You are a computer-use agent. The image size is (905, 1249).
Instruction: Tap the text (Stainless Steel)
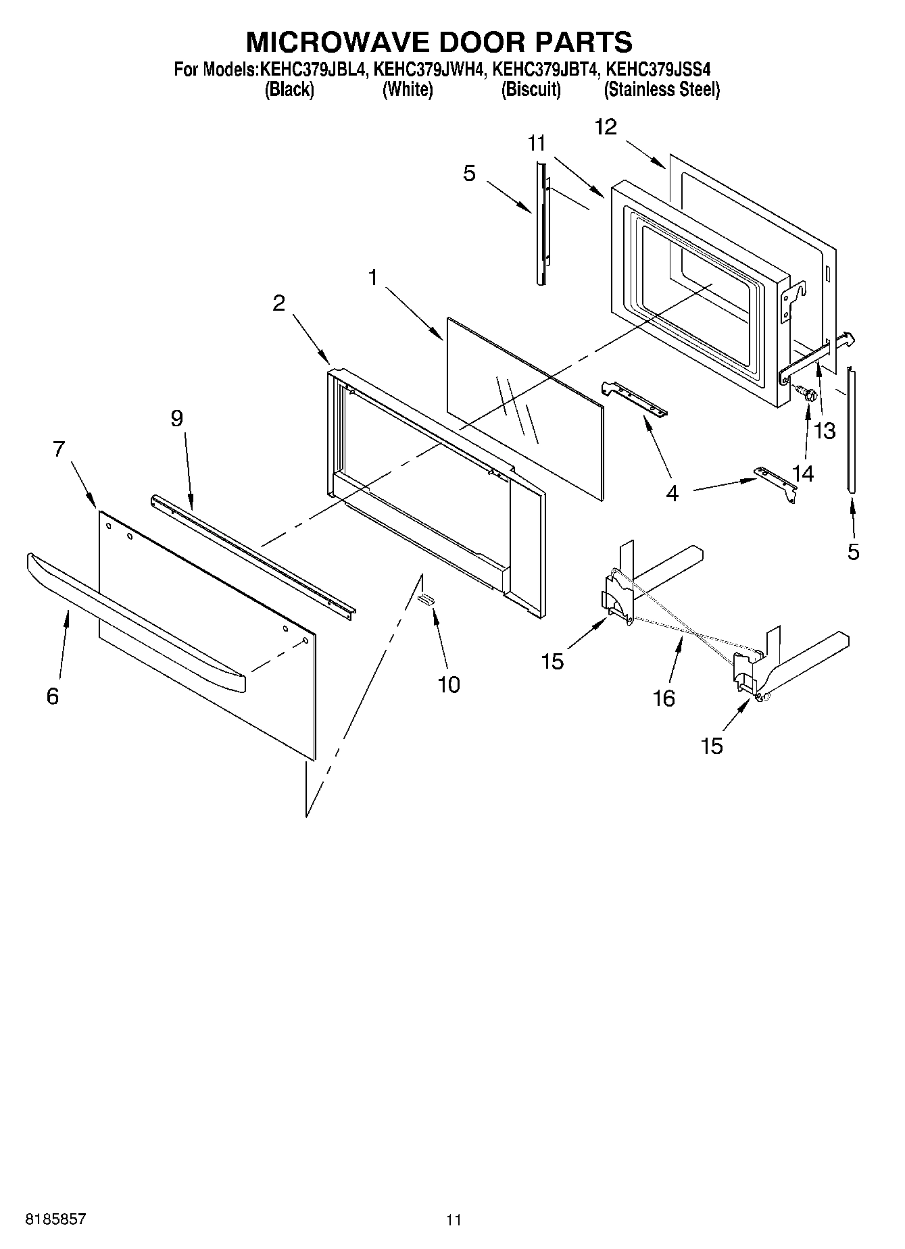tap(662, 89)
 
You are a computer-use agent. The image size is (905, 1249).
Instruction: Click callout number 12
tap(606, 127)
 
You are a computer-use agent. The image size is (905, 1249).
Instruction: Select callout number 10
tap(449, 685)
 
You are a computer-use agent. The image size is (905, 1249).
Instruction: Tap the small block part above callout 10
tap(426, 598)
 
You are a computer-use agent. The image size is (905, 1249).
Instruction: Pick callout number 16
tap(664, 698)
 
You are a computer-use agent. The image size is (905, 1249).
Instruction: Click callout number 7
tap(59, 449)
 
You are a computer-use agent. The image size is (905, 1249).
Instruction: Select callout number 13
tap(825, 431)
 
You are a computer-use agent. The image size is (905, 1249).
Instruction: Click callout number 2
tap(278, 303)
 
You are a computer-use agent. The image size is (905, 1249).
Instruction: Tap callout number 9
tap(176, 419)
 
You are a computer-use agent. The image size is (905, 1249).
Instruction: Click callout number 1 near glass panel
tap(373, 277)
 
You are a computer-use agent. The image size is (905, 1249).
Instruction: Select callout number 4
tap(672, 494)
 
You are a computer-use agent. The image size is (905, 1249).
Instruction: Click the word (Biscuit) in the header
tap(531, 89)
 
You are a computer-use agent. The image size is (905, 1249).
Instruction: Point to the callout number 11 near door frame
tap(537, 143)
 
